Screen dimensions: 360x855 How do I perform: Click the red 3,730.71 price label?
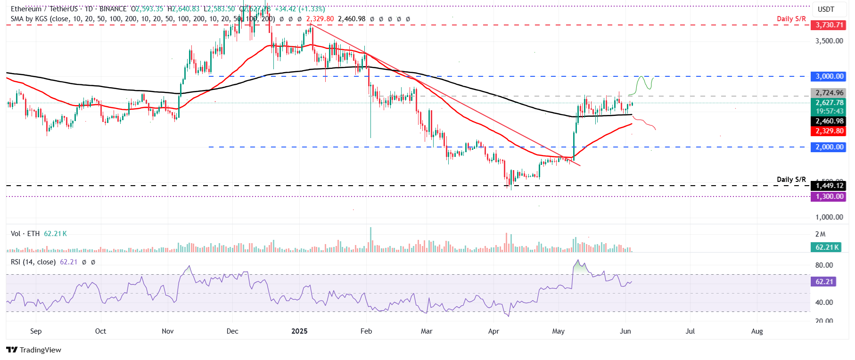829,25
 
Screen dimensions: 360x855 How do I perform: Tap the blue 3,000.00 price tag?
829,76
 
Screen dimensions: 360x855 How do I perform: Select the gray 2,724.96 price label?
829,93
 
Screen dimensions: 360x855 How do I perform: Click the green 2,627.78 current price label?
829,103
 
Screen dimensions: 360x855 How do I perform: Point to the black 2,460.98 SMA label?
829,121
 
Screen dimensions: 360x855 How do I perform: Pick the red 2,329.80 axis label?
829,131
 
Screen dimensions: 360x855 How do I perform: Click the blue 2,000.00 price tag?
829,147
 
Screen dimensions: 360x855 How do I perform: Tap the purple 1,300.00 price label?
829,196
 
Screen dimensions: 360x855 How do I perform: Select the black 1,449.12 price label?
829,186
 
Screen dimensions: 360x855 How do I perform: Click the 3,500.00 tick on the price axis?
829,41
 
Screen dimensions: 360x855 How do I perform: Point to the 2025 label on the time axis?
299,331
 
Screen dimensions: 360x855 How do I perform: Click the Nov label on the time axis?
168,331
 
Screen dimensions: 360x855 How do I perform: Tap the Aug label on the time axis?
757,331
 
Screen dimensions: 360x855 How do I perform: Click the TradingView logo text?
40,350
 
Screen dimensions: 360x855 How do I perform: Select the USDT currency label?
826,9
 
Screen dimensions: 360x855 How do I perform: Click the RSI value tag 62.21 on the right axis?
824,282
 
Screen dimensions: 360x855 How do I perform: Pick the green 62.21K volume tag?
827,247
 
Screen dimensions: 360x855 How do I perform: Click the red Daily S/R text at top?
791,19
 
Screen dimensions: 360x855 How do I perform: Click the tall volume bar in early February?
370,239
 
